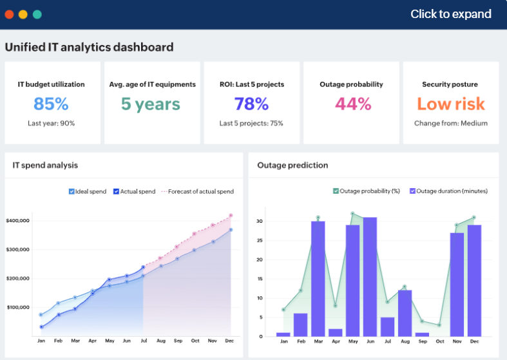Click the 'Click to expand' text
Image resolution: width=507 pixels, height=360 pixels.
pyautogui.click(x=450, y=14)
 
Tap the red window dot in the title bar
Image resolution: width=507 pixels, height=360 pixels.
pyautogui.click(x=9, y=14)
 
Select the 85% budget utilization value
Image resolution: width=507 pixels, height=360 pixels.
pyautogui.click(x=51, y=104)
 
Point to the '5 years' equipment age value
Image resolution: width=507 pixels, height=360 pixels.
pyautogui.click(x=151, y=104)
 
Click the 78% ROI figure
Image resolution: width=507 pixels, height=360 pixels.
pyautogui.click(x=251, y=104)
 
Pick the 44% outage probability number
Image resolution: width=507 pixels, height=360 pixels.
pyautogui.click(x=353, y=104)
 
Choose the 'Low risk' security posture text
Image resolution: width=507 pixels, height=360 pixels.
pyautogui.click(x=450, y=104)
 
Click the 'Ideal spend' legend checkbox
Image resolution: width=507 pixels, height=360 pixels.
pyautogui.click(x=72, y=191)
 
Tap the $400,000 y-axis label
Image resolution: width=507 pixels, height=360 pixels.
pyautogui.click(x=18, y=221)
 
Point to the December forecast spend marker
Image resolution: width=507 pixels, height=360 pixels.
pyautogui.click(x=231, y=216)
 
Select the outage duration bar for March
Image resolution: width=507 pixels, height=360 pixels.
pyautogui.click(x=318, y=278)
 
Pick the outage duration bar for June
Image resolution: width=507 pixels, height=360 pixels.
pyautogui.click(x=370, y=276)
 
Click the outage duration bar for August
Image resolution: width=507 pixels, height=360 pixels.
pyautogui.click(x=405, y=313)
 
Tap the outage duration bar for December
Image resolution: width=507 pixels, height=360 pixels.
pyautogui.click(x=474, y=280)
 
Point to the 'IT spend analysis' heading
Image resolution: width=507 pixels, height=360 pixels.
pyautogui.click(x=45, y=166)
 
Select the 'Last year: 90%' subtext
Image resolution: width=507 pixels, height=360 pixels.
pyautogui.click(x=51, y=123)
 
